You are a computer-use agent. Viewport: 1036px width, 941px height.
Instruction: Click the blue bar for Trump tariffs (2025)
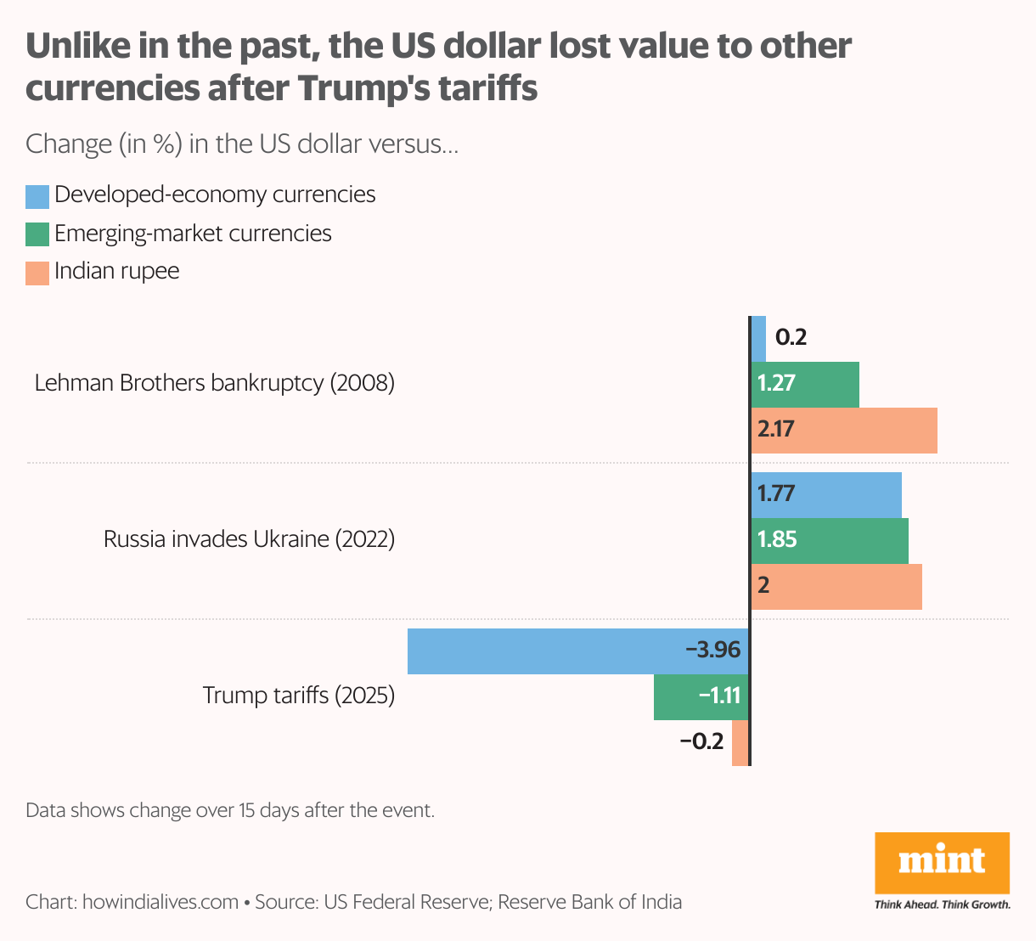(543, 651)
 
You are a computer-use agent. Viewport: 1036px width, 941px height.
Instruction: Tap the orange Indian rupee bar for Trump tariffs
(740, 743)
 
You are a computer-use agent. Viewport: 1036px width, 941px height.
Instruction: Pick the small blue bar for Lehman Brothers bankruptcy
(758, 338)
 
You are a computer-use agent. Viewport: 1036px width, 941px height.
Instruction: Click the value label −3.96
(713, 651)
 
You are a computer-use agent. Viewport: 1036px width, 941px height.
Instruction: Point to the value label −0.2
(701, 742)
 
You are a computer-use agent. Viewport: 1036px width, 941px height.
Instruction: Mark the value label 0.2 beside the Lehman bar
(791, 338)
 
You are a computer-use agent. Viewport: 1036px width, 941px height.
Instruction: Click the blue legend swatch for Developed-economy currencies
(37, 196)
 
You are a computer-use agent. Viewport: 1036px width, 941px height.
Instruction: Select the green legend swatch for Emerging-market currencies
(37, 234)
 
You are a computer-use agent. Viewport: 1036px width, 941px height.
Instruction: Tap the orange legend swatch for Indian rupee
(37, 273)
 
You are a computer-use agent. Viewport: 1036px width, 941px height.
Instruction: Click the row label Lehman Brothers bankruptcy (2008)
(215, 383)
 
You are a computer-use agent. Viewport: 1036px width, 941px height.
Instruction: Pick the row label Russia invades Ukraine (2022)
(249, 539)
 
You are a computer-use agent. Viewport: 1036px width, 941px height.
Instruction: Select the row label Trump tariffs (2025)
(299, 696)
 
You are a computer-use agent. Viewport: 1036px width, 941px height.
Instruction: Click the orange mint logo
(942, 863)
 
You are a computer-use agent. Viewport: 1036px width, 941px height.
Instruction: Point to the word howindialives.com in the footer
(160, 902)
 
